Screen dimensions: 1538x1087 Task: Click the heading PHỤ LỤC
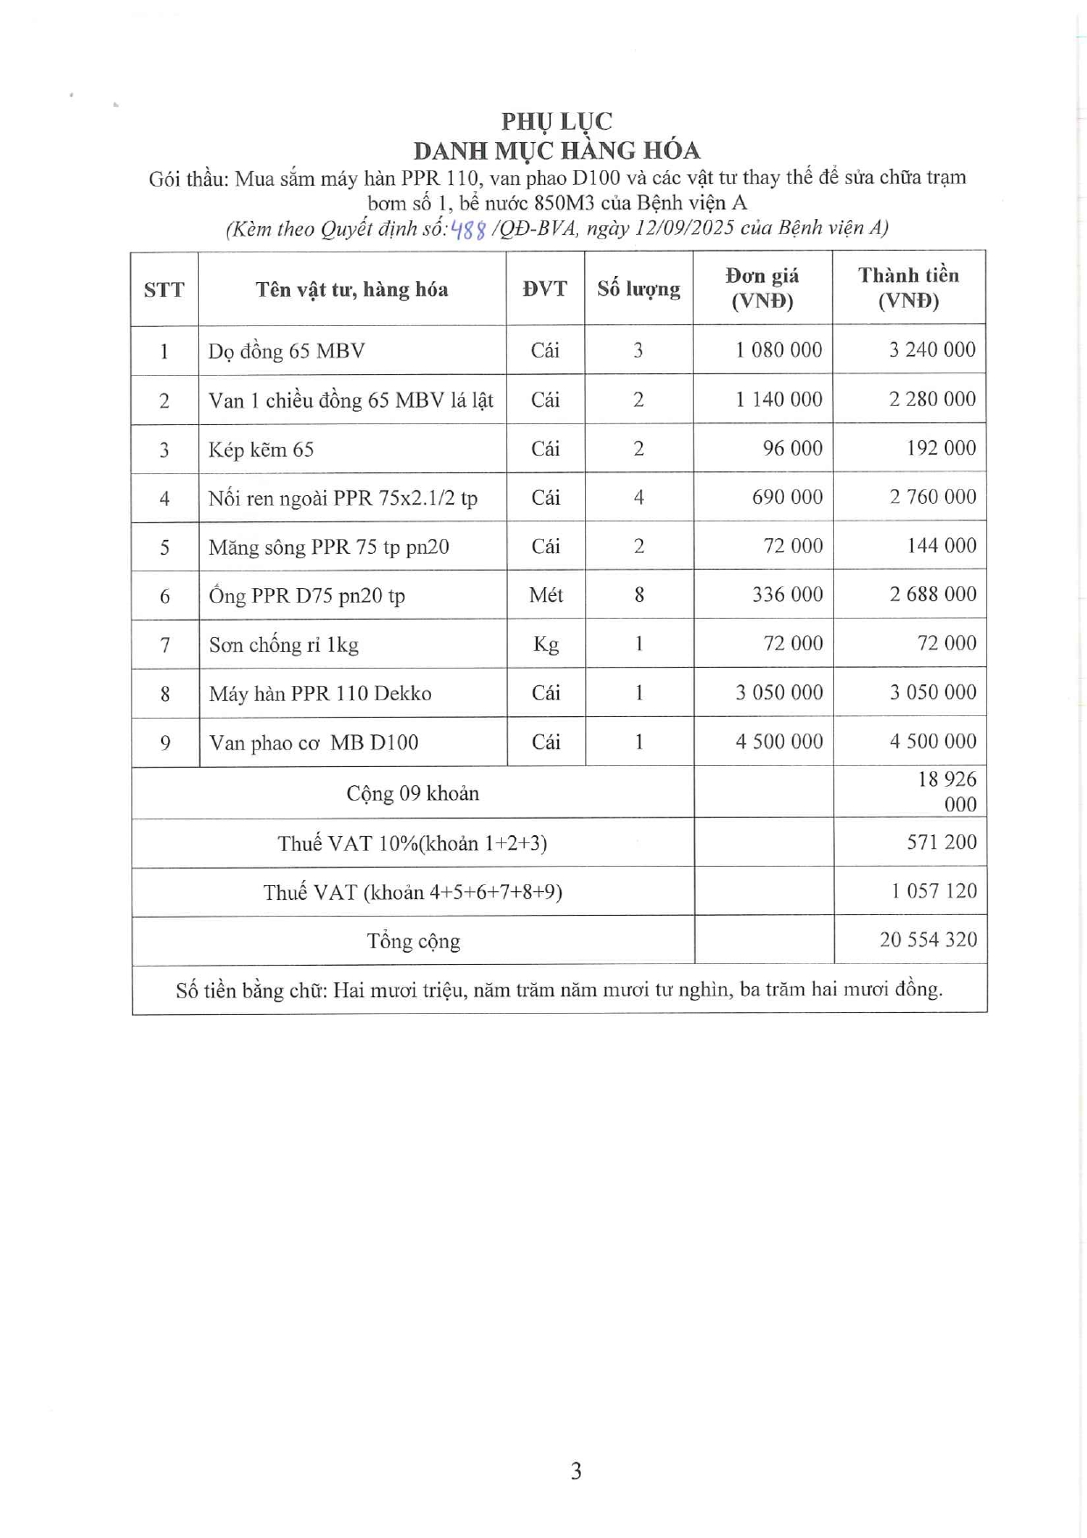pyautogui.click(x=556, y=121)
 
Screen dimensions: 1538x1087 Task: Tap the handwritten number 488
pyautogui.click(x=468, y=230)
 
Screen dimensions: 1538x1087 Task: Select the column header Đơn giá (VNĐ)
pyautogui.click(x=762, y=288)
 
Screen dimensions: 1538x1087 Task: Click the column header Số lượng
pyautogui.click(x=639, y=289)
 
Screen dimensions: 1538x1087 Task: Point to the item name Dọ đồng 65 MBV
pyautogui.click(x=286, y=351)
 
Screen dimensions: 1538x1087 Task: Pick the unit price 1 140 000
pyautogui.click(x=779, y=400)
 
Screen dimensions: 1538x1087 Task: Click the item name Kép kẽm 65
pyautogui.click(x=261, y=450)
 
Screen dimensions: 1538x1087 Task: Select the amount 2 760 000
pyautogui.click(x=932, y=497)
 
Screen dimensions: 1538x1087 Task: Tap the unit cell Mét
pyautogui.click(x=546, y=595)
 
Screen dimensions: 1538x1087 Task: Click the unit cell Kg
pyautogui.click(x=546, y=645)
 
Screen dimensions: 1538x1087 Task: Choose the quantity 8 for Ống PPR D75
pyautogui.click(x=639, y=595)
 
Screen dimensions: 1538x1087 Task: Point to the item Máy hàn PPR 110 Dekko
pyautogui.click(x=320, y=694)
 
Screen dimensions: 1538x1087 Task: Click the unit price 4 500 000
pyautogui.click(x=779, y=741)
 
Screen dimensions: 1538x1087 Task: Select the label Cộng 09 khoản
pyautogui.click(x=413, y=793)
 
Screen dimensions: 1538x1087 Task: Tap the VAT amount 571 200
pyautogui.click(x=942, y=842)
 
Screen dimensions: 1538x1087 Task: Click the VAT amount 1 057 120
pyautogui.click(x=934, y=891)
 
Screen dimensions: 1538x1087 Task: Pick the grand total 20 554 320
pyautogui.click(x=928, y=940)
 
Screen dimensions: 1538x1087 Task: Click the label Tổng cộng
pyautogui.click(x=413, y=941)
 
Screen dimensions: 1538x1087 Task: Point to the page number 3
pyautogui.click(x=575, y=1471)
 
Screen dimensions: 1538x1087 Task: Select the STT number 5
pyautogui.click(x=165, y=548)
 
